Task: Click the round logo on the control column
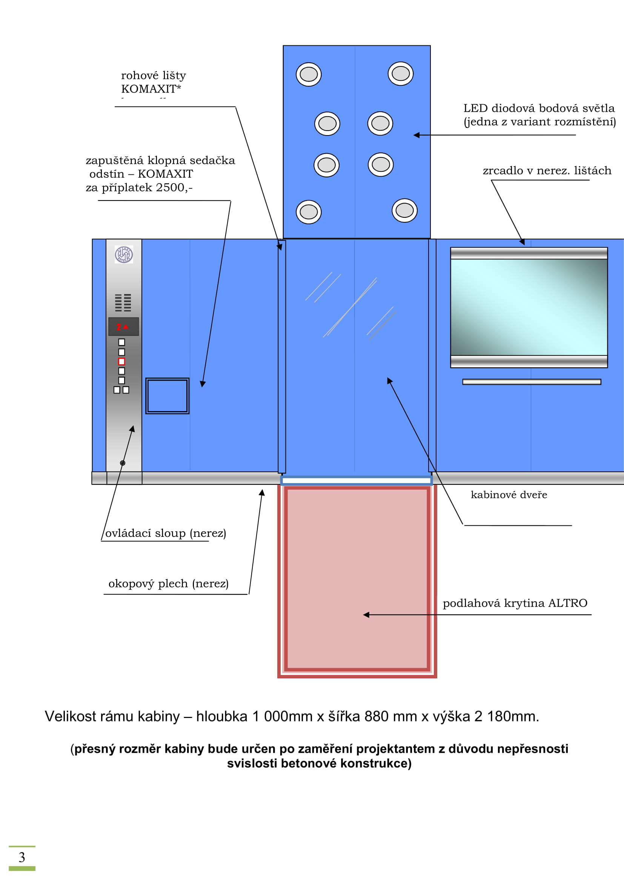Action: pos(124,254)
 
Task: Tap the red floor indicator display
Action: pos(123,327)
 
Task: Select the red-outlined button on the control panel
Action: pos(121,362)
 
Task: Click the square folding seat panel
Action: pos(167,396)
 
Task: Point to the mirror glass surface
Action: pos(529,307)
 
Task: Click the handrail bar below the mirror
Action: pos(532,382)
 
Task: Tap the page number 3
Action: pos(22,858)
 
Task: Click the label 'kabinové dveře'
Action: pos(509,495)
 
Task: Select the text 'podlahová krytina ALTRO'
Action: pos(515,603)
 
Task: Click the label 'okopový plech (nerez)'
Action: pos(168,583)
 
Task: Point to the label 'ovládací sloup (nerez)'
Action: pos(166,533)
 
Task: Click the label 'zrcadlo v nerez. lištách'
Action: pos(547,170)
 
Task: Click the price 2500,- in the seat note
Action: pos(174,187)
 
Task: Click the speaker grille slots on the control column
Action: pos(123,303)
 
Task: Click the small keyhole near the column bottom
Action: pos(123,463)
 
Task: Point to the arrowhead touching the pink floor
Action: pos(366,615)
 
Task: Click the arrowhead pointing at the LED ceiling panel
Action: pos(416,135)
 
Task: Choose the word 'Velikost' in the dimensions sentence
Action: pos(70,717)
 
